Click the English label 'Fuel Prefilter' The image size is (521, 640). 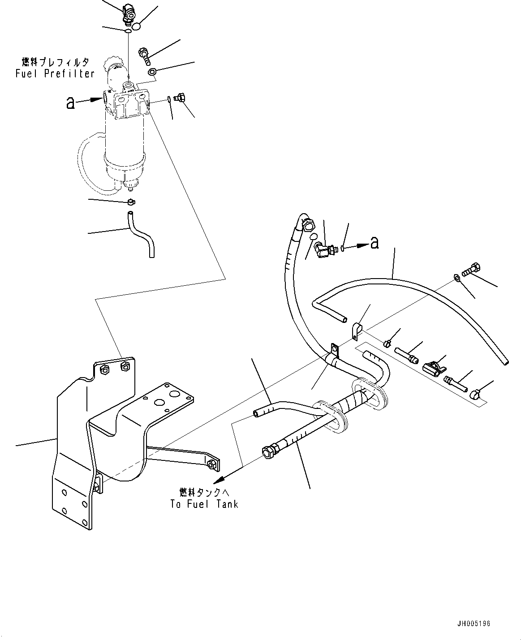(x=55, y=74)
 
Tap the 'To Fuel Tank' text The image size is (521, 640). (x=204, y=504)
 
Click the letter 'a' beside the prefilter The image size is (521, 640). (x=70, y=103)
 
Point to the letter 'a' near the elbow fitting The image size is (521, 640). (x=374, y=243)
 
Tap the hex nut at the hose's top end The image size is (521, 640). (x=308, y=225)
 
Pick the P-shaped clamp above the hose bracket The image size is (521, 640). (x=356, y=331)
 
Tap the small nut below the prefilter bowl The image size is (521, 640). (x=131, y=202)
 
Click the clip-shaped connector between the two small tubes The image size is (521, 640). (x=433, y=368)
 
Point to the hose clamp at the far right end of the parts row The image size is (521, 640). (x=475, y=394)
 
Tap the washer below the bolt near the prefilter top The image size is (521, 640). (x=152, y=72)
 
